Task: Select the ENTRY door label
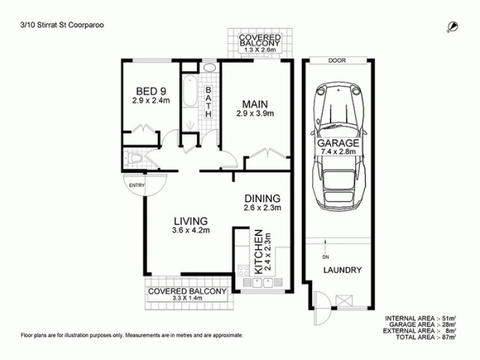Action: pos(137,185)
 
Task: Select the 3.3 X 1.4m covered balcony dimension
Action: pos(187,298)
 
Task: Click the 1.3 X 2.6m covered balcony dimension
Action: pos(260,50)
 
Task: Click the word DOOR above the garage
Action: pos(336,61)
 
